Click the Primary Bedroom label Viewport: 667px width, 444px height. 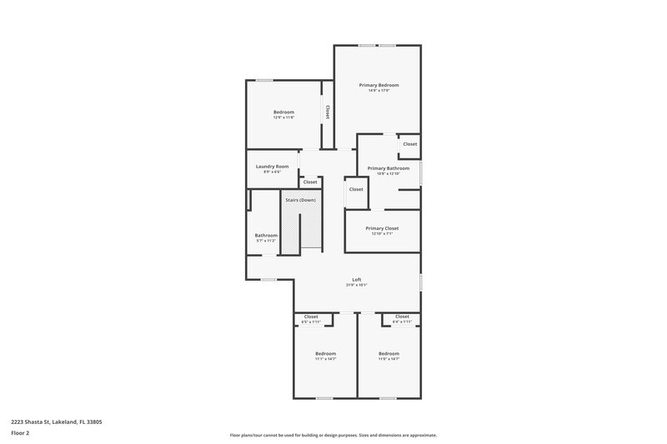point(379,85)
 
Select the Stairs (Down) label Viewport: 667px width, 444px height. point(300,200)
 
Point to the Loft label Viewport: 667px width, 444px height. point(357,279)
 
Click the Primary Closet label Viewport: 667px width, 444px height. point(382,228)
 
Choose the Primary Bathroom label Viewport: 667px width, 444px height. point(389,168)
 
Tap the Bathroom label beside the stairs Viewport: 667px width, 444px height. point(266,235)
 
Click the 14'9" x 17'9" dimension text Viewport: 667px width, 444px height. point(379,90)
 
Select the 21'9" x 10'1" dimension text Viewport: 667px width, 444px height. point(357,285)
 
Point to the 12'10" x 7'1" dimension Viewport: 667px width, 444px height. point(382,233)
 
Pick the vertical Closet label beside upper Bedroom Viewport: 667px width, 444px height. point(328,112)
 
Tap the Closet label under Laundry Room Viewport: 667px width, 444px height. point(310,182)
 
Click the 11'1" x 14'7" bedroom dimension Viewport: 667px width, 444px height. point(325,359)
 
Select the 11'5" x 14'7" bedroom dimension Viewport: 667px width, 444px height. point(389,359)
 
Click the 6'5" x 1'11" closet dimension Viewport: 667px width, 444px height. point(311,322)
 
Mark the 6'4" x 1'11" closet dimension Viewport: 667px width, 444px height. point(402,322)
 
